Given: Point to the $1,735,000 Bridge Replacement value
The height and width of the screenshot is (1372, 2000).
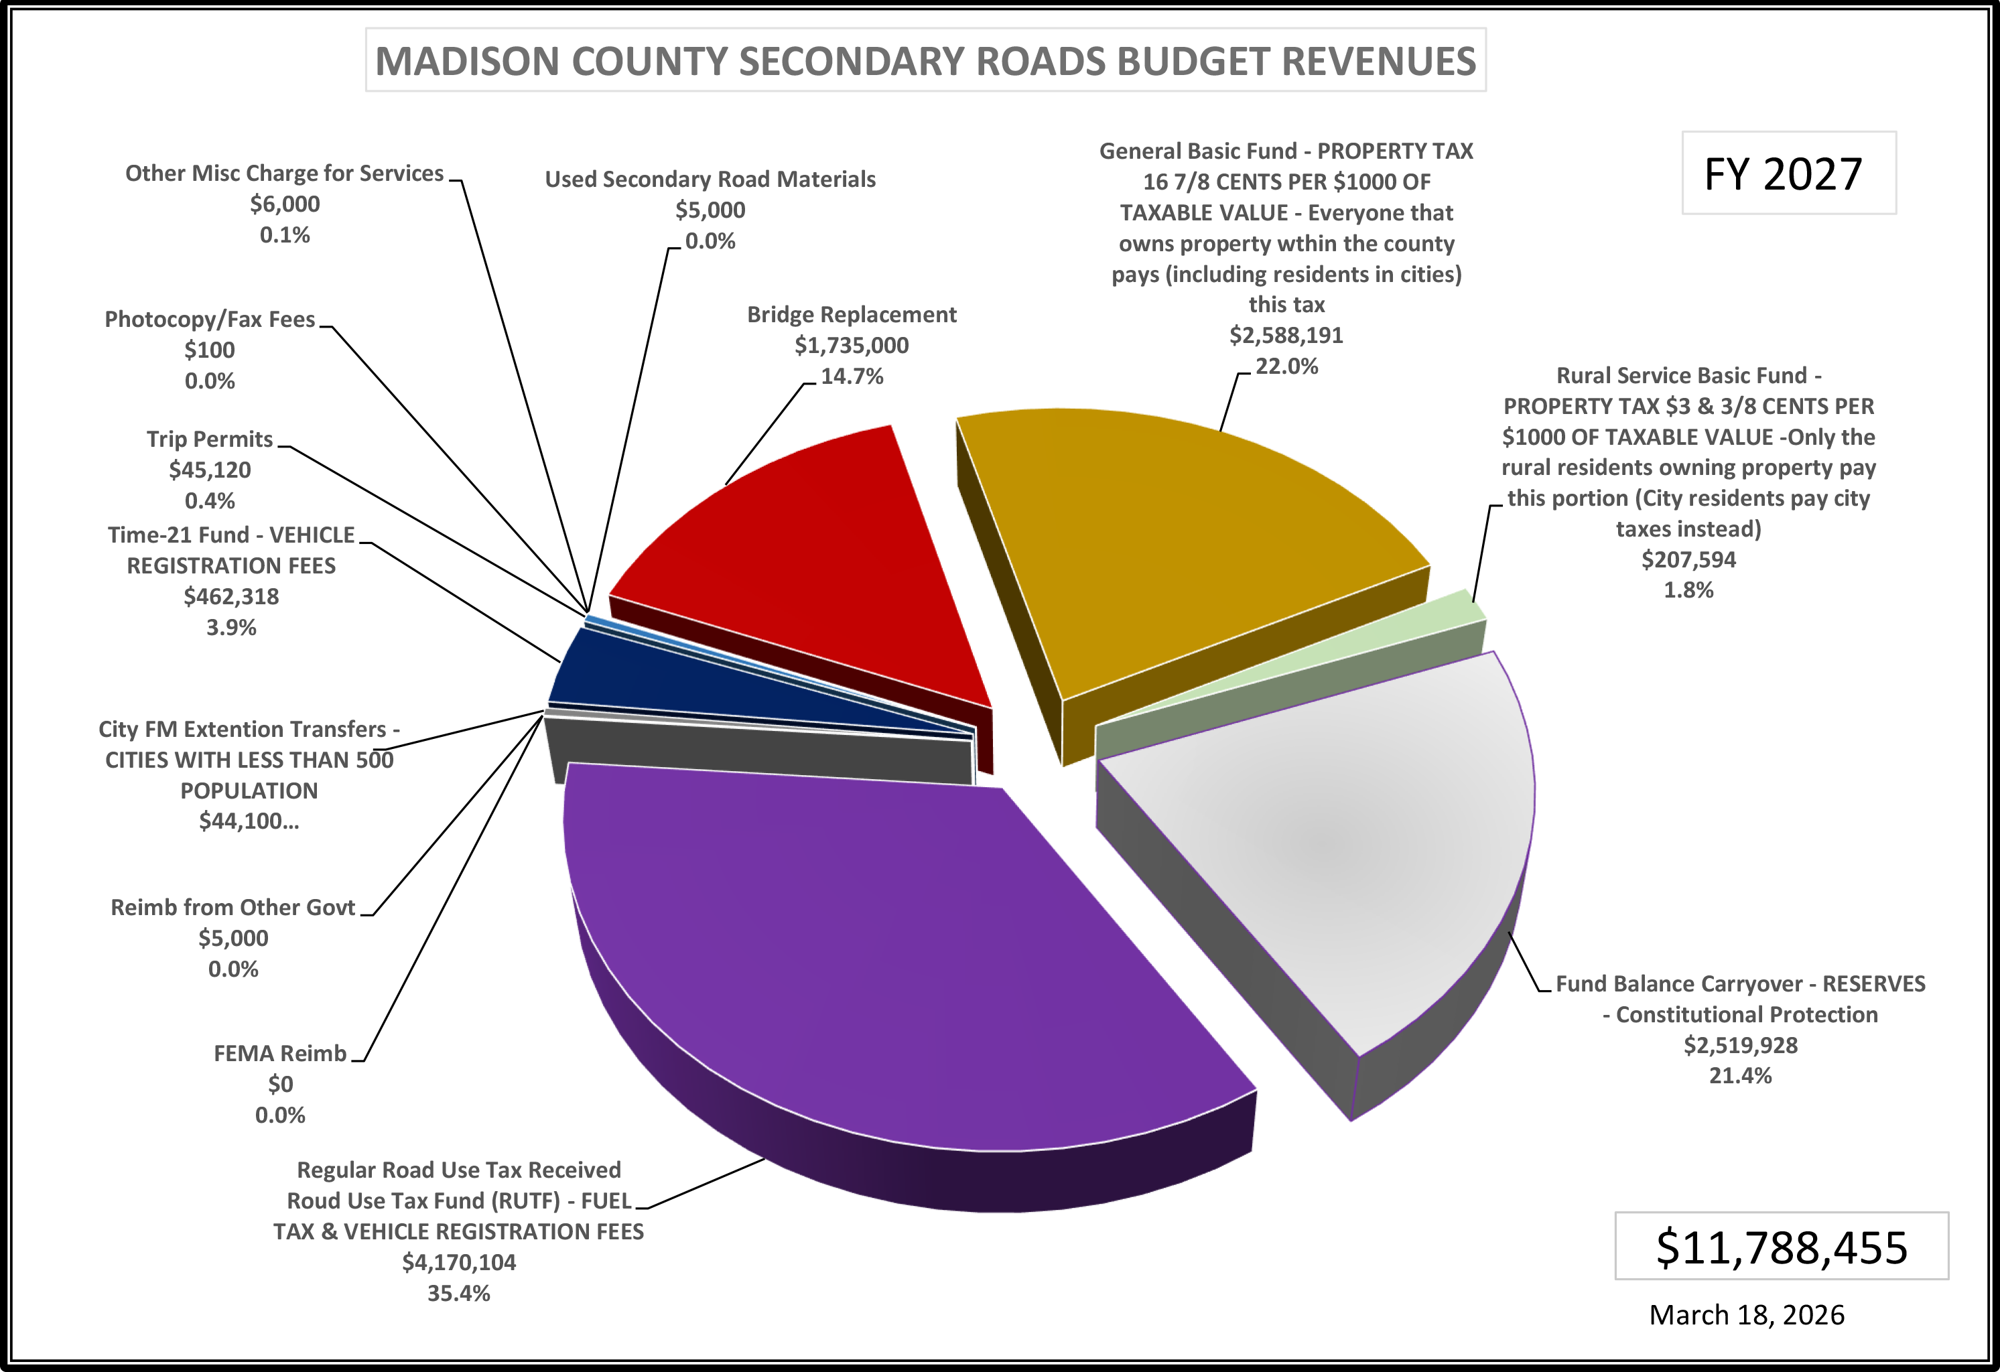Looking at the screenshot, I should (851, 345).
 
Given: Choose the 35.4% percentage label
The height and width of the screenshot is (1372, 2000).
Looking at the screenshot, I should (459, 1293).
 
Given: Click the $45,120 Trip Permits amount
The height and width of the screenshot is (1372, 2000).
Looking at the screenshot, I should (210, 470).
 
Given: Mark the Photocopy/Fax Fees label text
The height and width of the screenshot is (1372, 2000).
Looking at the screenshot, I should (210, 320).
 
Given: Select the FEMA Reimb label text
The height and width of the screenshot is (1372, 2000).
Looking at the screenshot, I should (279, 1054).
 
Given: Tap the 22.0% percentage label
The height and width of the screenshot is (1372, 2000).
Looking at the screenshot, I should (1286, 366).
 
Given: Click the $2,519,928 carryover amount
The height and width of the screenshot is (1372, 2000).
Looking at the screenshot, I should (1740, 1045).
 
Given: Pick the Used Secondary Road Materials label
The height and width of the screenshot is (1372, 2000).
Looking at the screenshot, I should (710, 179).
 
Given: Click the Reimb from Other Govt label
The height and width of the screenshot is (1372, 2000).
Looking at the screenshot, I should (233, 907).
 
